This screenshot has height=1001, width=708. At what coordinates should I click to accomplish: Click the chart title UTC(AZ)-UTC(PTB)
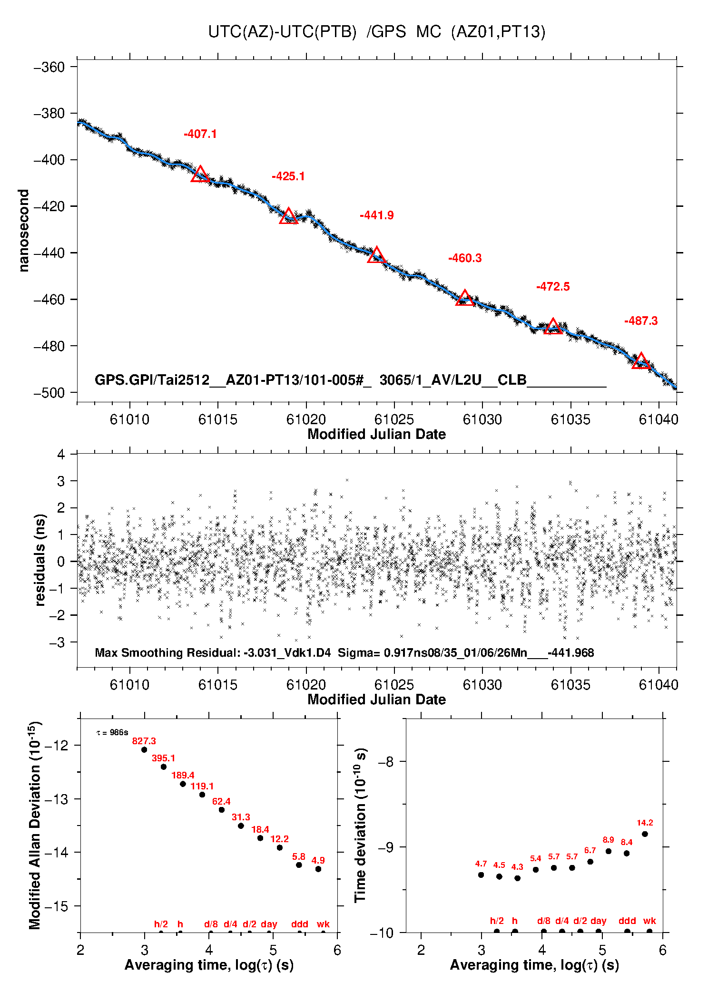pyautogui.click(x=282, y=32)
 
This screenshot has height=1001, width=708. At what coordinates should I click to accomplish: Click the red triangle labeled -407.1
pyautogui.click(x=200, y=175)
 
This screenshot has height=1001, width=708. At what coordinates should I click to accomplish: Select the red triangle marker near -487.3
pyautogui.click(x=641, y=361)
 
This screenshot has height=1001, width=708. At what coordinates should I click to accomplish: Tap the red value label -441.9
pyautogui.click(x=377, y=215)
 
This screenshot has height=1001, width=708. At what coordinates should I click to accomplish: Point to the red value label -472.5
pyautogui.click(x=553, y=287)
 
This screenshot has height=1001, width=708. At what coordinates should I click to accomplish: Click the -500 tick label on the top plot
pyautogui.click(x=49, y=393)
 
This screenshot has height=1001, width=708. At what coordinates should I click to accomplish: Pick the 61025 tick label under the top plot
pyautogui.click(x=394, y=419)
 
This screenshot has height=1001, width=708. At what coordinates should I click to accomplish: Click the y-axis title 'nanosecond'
pyautogui.click(x=24, y=230)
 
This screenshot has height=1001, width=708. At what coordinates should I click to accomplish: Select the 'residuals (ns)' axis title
pyautogui.click(x=40, y=560)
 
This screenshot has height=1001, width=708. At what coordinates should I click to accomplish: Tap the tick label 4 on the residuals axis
pyautogui.click(x=61, y=455)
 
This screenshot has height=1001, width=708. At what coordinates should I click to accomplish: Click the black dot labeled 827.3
pyautogui.click(x=144, y=749)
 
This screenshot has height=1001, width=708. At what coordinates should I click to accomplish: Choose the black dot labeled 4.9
pyautogui.click(x=318, y=869)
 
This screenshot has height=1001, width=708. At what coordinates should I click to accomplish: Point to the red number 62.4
pyautogui.click(x=221, y=801)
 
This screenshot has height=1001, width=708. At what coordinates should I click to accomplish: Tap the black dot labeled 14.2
pyautogui.click(x=645, y=834)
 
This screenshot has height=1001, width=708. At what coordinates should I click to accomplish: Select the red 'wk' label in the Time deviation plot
pyautogui.click(x=649, y=921)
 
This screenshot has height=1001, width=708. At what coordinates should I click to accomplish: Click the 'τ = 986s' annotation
pyautogui.click(x=112, y=733)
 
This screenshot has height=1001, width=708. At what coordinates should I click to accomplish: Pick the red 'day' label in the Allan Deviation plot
pyautogui.click(x=269, y=924)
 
